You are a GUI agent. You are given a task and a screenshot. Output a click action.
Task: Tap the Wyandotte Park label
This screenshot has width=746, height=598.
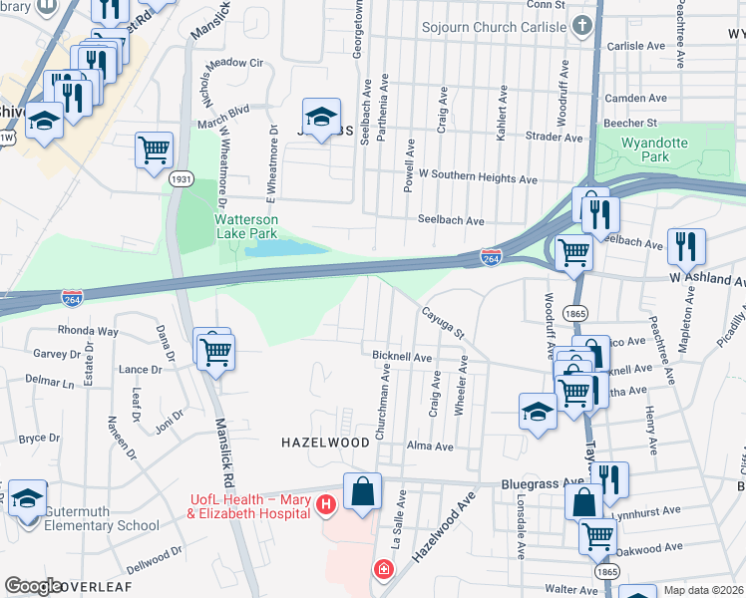point(654,149)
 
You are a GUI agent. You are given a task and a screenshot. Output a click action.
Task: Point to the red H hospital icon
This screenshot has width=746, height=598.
point(324,506)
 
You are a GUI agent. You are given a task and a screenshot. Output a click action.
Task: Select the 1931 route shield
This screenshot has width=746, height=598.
point(181,179)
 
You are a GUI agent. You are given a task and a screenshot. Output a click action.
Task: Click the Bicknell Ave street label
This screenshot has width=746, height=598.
point(401,356)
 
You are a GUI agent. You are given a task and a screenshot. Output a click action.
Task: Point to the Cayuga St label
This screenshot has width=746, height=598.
point(445,320)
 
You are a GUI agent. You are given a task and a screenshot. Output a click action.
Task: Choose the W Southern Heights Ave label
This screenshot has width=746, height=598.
point(478,180)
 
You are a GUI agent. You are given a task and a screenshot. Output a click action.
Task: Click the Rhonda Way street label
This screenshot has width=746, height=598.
point(88,331)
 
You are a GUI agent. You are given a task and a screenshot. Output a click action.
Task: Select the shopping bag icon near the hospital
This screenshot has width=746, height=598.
point(362,491)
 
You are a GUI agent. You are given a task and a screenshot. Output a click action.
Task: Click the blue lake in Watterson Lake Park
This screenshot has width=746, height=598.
point(285,247)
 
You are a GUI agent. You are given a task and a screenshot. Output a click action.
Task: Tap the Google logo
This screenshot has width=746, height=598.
point(34,586)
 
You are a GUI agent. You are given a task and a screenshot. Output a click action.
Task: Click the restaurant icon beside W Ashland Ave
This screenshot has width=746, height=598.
point(686,245)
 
